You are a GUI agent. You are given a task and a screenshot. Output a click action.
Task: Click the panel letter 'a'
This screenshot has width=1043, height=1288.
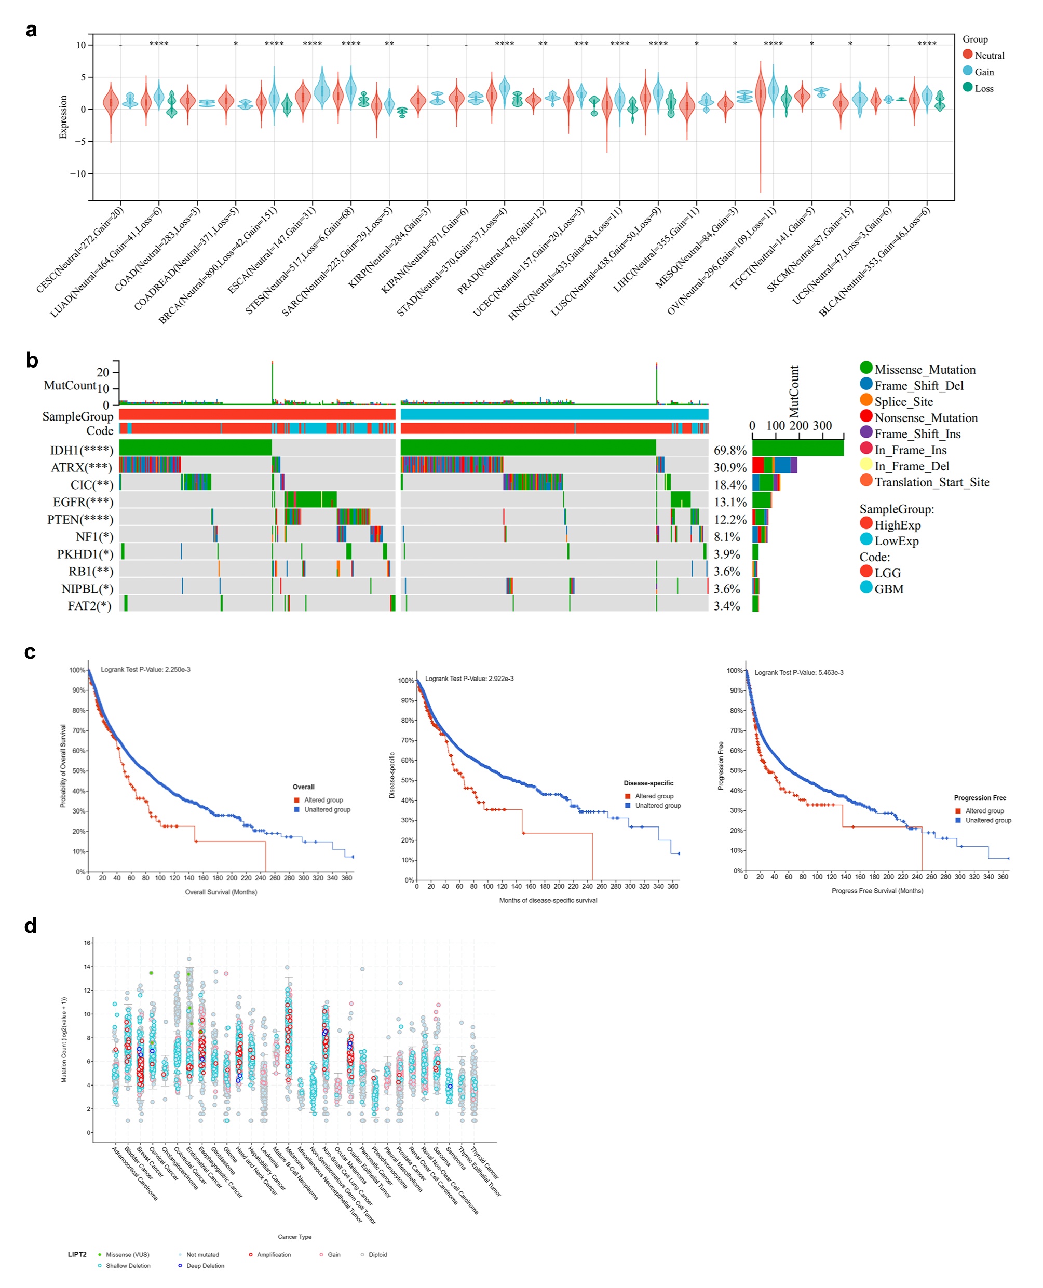pos(31,30)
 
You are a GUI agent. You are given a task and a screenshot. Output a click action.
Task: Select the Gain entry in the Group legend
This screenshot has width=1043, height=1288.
pos(983,72)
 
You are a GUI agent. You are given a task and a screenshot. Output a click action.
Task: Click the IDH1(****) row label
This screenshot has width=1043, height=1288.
pos(81,451)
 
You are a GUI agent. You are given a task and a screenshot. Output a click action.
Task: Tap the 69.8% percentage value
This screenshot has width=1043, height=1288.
pos(730,451)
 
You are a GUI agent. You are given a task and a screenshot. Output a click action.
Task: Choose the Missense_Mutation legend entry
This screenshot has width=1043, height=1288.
pos(925,370)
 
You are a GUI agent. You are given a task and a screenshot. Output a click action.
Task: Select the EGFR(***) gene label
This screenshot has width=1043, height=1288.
pos(83,502)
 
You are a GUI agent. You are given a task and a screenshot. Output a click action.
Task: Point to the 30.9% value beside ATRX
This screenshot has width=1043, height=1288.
pos(730,467)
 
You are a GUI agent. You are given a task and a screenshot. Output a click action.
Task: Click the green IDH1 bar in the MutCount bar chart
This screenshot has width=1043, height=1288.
pos(797,448)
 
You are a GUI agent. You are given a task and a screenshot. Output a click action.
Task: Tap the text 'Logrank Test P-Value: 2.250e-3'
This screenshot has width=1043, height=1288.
pos(145,669)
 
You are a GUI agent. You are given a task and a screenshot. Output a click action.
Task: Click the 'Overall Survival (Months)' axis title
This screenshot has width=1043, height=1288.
pos(221,892)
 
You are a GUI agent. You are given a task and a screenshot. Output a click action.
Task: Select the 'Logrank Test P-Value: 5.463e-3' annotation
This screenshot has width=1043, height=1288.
pos(798,672)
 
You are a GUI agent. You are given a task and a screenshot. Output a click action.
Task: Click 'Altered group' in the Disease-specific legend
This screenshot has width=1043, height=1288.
pos(654,796)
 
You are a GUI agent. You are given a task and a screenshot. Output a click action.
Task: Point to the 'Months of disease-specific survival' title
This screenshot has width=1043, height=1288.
pos(548,900)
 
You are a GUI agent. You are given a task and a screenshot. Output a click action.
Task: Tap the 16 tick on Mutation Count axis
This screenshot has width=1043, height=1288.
pos(87,943)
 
